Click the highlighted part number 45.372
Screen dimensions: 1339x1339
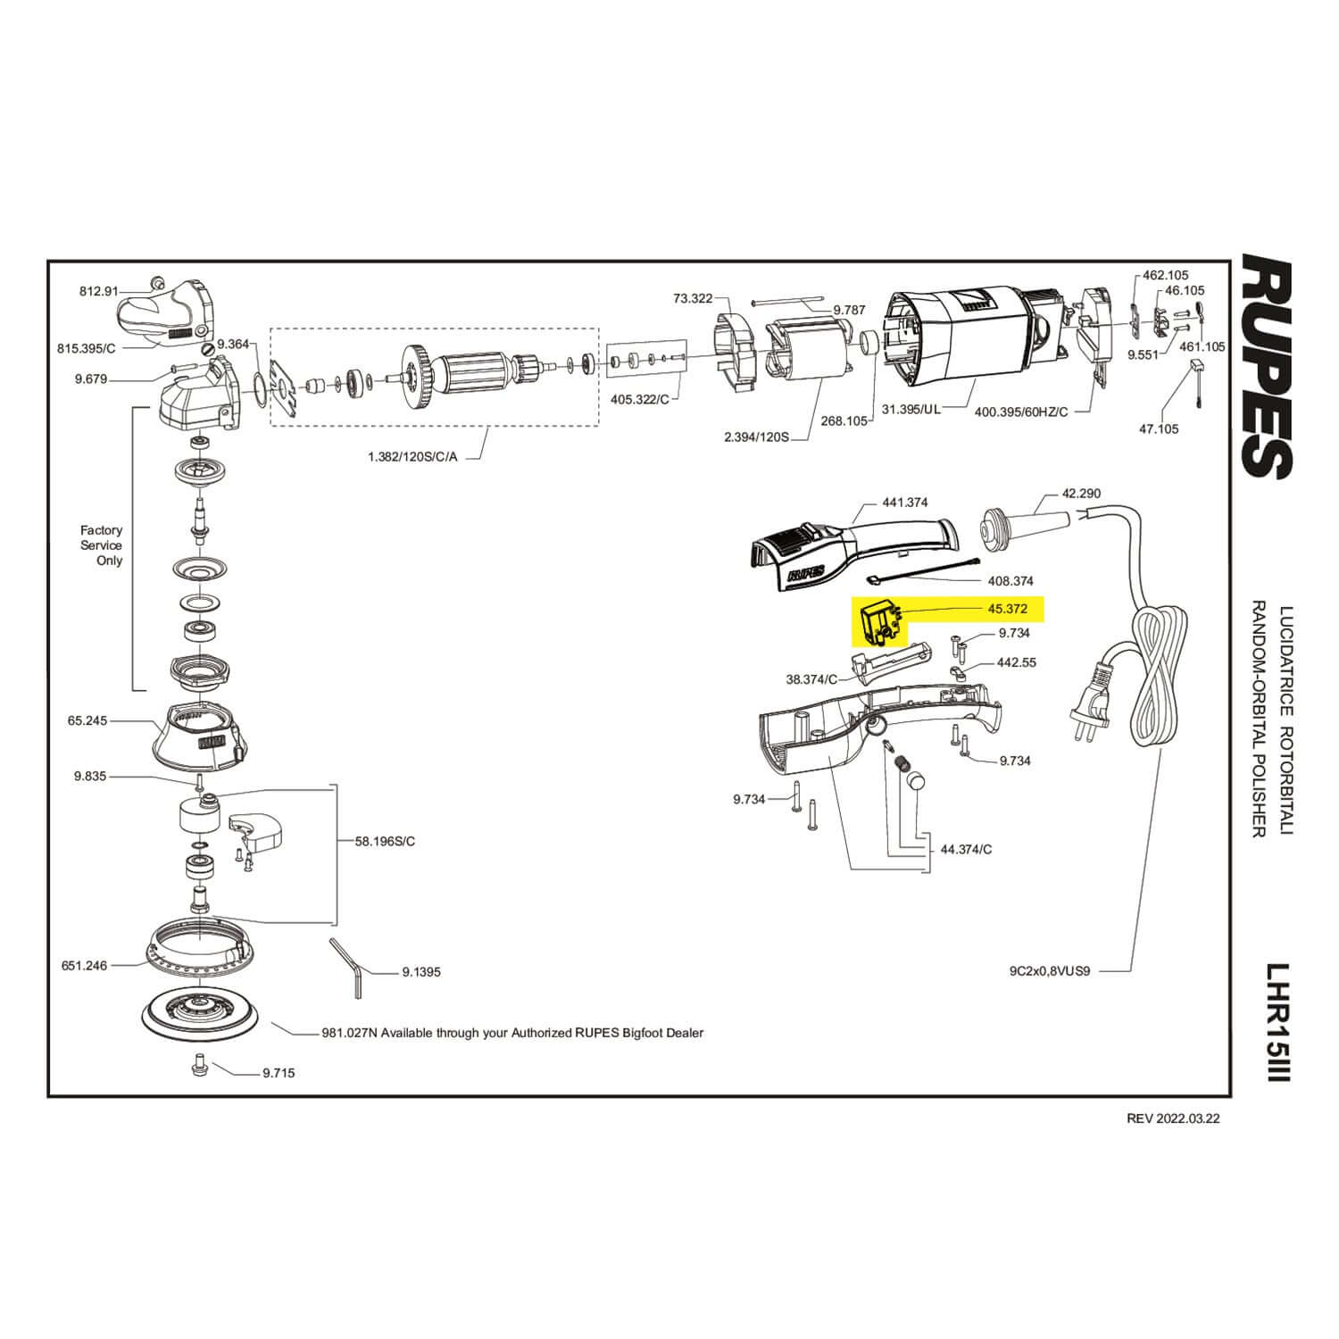click(x=1007, y=609)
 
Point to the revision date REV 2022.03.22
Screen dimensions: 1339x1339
click(x=1172, y=1119)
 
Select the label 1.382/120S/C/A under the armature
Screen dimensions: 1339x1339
click(x=412, y=456)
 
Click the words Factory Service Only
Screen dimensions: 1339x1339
click(x=102, y=545)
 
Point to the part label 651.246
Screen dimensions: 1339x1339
click(x=85, y=965)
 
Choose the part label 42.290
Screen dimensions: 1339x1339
click(x=1081, y=493)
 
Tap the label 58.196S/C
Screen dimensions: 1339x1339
click(x=385, y=841)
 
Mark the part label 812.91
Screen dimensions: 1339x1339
click(x=98, y=291)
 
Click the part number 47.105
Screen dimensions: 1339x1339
click(x=1159, y=428)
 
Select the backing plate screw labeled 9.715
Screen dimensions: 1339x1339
click(x=198, y=1066)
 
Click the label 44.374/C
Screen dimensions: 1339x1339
click(x=966, y=849)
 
